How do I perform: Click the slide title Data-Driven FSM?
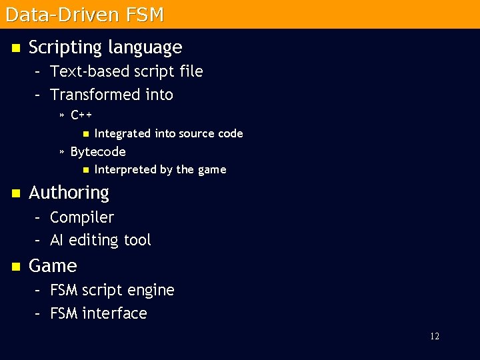pos(84,14)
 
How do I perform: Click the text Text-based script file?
pos(126,71)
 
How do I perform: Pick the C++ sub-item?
pos(81,115)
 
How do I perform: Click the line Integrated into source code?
pos(169,133)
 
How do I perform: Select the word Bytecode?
pos(98,151)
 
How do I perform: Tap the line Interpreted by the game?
pos(160,169)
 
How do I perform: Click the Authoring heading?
pos(69,193)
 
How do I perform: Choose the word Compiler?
pos(82,217)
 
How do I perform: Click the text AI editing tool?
pos(101,240)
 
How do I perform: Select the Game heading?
pos(53,266)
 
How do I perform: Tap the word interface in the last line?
pos(114,313)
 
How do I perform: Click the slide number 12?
pos(435,337)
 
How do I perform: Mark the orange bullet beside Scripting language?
pos(15,48)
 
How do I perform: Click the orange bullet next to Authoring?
pos(15,193)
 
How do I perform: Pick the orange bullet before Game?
pos(15,267)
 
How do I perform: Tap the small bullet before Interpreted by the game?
pos(85,170)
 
